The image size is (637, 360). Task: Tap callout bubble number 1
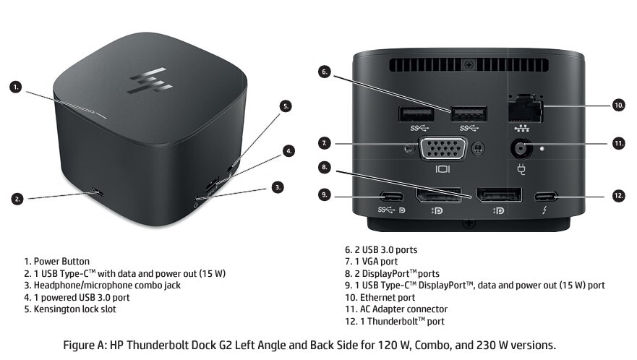coord(16,87)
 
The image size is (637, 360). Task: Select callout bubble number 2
coord(16,197)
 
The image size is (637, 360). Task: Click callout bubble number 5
coord(286,106)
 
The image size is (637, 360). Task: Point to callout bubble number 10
coord(618,106)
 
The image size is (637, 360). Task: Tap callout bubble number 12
coord(618,196)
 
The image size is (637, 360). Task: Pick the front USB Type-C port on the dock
coord(95,192)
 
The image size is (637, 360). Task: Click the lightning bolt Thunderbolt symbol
coord(544,211)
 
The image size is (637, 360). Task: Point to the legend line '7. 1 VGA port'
coord(371,261)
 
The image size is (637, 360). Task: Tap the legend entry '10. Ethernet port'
coord(380,297)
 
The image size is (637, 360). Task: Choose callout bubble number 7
coord(324,144)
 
